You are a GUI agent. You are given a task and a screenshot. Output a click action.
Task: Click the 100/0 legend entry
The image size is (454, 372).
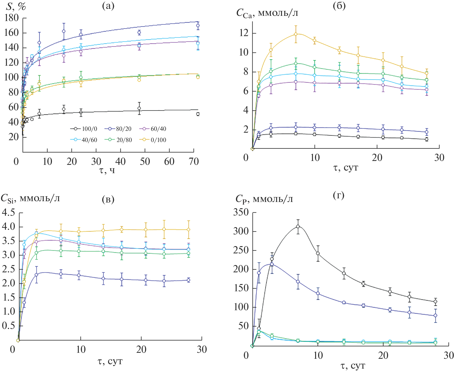(x=84, y=129)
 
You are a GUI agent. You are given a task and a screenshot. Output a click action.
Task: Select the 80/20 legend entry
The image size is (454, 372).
(x=118, y=129)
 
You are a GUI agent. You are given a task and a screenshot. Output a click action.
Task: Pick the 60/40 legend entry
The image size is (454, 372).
(x=153, y=129)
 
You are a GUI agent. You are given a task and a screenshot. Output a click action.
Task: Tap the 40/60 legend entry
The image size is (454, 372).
(x=84, y=140)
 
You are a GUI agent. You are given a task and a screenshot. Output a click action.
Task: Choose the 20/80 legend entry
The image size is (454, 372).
(x=118, y=140)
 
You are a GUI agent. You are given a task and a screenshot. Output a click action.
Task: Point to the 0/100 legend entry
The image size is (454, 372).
(x=153, y=140)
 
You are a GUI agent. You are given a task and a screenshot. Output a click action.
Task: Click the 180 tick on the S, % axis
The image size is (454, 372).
(x=12, y=18)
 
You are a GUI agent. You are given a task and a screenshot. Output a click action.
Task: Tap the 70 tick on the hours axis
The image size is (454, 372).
(x=194, y=161)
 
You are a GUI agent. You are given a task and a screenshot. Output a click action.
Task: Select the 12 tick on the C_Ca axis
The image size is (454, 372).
(x=244, y=33)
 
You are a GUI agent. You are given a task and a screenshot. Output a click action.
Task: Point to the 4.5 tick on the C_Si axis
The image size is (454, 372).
(x=8, y=213)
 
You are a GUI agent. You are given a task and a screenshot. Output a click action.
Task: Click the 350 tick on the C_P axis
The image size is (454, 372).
(x=241, y=212)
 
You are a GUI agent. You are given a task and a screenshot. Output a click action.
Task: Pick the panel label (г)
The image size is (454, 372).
(x=338, y=195)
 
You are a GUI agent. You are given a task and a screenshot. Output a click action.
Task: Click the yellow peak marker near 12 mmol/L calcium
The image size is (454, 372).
(x=296, y=34)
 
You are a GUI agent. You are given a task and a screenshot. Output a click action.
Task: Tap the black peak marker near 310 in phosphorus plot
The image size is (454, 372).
(x=298, y=226)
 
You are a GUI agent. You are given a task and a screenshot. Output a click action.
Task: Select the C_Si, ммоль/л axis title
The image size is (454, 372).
(x=30, y=199)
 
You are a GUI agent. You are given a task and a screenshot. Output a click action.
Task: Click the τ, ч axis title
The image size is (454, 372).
(x=107, y=170)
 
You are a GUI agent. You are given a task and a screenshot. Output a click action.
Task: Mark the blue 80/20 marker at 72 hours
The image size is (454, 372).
(x=198, y=25)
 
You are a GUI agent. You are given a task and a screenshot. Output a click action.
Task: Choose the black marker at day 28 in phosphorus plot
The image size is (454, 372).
(x=435, y=302)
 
